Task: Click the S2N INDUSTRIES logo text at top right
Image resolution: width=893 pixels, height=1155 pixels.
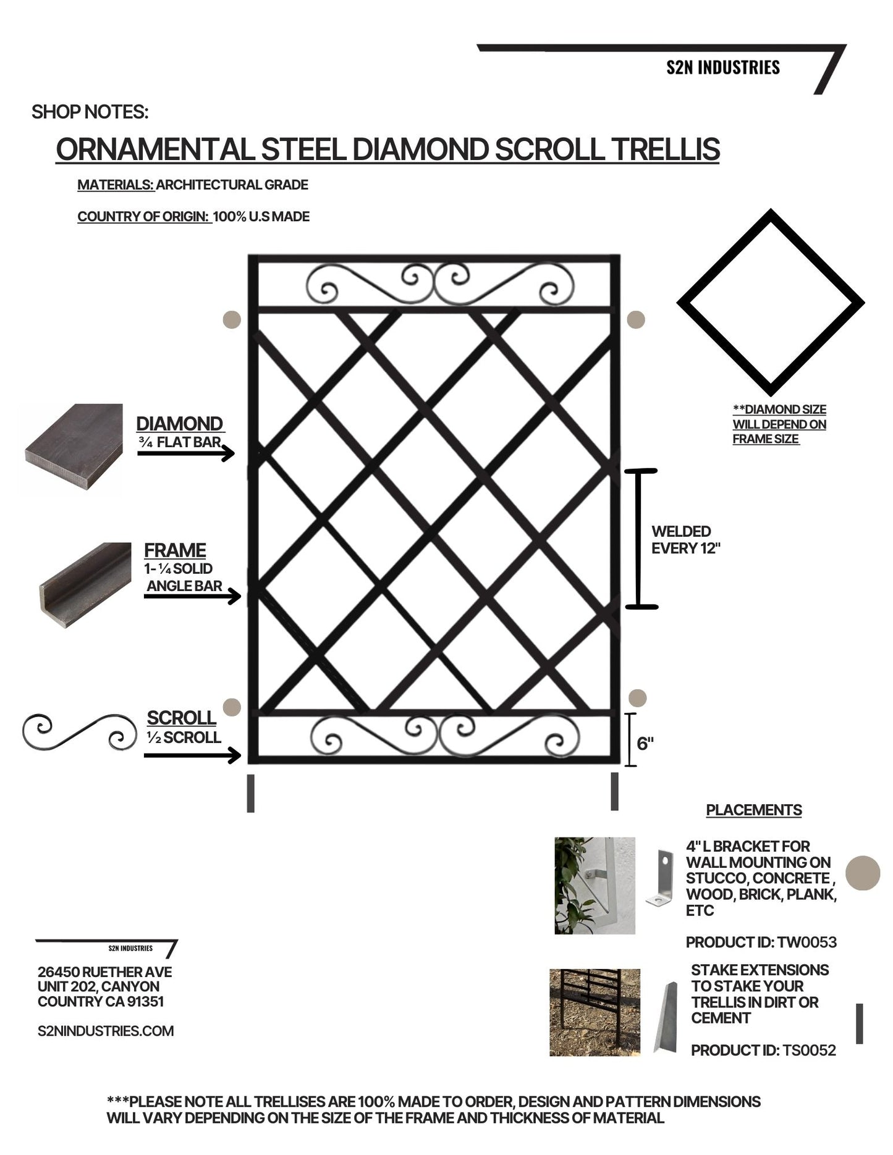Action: coord(722,67)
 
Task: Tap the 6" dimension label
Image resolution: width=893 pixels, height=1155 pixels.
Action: coord(645,743)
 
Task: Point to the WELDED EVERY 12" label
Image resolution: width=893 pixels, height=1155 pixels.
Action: coord(685,540)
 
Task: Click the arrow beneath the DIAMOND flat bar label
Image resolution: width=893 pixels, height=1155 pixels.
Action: coord(185,454)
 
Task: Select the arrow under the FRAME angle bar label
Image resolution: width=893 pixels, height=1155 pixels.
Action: coord(192,597)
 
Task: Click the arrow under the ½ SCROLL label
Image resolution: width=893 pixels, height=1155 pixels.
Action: coord(192,755)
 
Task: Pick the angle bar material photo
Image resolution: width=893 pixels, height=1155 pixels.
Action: coord(85,585)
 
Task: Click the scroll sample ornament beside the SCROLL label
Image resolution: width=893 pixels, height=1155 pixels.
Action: coord(79,733)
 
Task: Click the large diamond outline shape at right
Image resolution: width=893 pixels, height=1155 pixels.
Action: coord(770,303)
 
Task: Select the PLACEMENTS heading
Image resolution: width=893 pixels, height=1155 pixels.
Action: coord(753,810)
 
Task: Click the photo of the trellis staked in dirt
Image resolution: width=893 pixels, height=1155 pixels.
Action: coord(595,1012)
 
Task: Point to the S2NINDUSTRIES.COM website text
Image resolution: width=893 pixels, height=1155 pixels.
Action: coord(106,1030)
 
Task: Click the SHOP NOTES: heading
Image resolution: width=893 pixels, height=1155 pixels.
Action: coord(90,112)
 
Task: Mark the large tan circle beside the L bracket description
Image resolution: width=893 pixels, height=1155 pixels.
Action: coord(862,873)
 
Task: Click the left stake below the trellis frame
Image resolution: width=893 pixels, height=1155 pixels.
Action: coord(250,793)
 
